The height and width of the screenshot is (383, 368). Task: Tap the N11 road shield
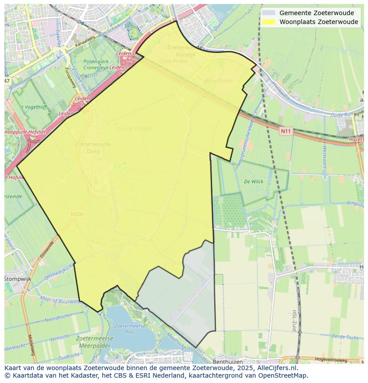pyautogui.click(x=285, y=131)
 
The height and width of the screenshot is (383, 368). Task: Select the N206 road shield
pyautogui.click(x=77, y=214)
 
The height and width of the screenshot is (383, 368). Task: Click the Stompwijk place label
pyautogui.click(x=16, y=279)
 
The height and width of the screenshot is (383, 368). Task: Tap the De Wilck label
pyautogui.click(x=253, y=181)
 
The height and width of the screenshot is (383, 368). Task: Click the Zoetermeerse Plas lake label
pyautogui.click(x=124, y=329)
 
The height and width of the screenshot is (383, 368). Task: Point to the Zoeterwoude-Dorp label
pyautogui.click(x=93, y=147)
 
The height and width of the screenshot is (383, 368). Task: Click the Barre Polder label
pyautogui.click(x=219, y=81)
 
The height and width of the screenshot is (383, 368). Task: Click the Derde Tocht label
pyautogui.click(x=344, y=337)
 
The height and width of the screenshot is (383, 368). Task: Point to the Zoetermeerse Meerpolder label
pyautogui.click(x=95, y=342)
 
